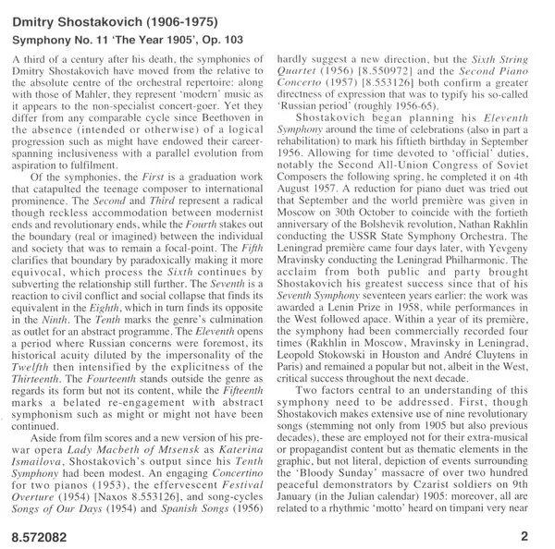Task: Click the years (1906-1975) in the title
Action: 176,16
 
